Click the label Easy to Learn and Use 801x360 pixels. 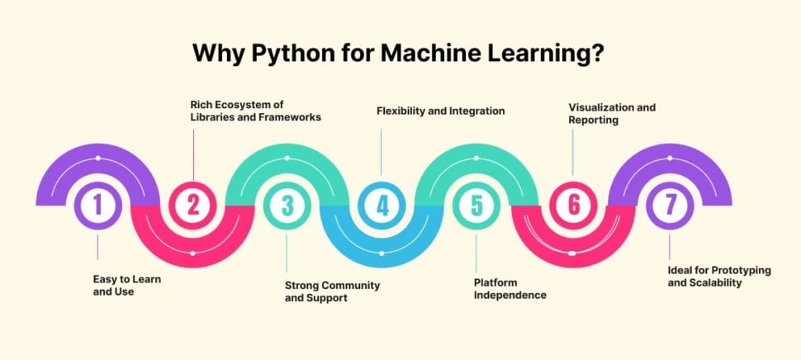coord(126,286)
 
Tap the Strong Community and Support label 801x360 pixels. coord(332,291)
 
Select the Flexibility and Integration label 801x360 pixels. coord(440,110)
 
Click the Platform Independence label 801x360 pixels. coord(510,288)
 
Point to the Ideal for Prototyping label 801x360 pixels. coord(705,276)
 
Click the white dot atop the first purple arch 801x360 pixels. coord(97,157)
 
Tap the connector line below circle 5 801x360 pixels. coord(476,252)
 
